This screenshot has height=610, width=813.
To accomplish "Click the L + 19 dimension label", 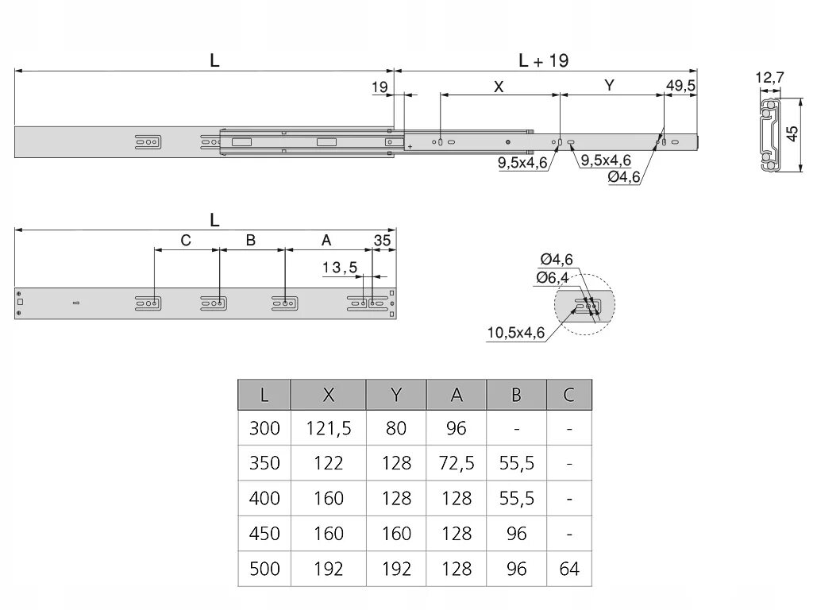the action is click(544, 60).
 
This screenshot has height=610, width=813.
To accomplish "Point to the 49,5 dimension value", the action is click(681, 86).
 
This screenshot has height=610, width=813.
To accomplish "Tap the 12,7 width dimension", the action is click(769, 78).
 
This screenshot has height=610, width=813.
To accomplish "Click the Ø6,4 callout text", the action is click(553, 277).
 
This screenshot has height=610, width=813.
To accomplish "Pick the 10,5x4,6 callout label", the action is click(516, 333).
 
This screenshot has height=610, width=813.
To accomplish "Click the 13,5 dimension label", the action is click(340, 267).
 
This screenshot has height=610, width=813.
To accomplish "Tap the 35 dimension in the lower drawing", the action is click(383, 240).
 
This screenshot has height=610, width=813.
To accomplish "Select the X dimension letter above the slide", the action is click(499, 87).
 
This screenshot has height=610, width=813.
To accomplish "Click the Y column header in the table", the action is click(395, 395).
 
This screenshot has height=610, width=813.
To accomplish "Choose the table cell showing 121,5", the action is click(329, 429).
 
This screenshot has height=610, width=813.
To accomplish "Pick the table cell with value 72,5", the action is click(456, 464).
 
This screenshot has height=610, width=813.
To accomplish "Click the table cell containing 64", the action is click(569, 569).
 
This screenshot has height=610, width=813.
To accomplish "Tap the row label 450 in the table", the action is click(264, 534).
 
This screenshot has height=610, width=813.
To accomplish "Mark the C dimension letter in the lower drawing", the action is click(186, 240).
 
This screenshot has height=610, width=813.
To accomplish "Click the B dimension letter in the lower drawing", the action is click(250, 240).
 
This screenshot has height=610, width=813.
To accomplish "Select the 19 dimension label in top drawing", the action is click(380, 87).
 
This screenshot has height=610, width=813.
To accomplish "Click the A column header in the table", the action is click(457, 395).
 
